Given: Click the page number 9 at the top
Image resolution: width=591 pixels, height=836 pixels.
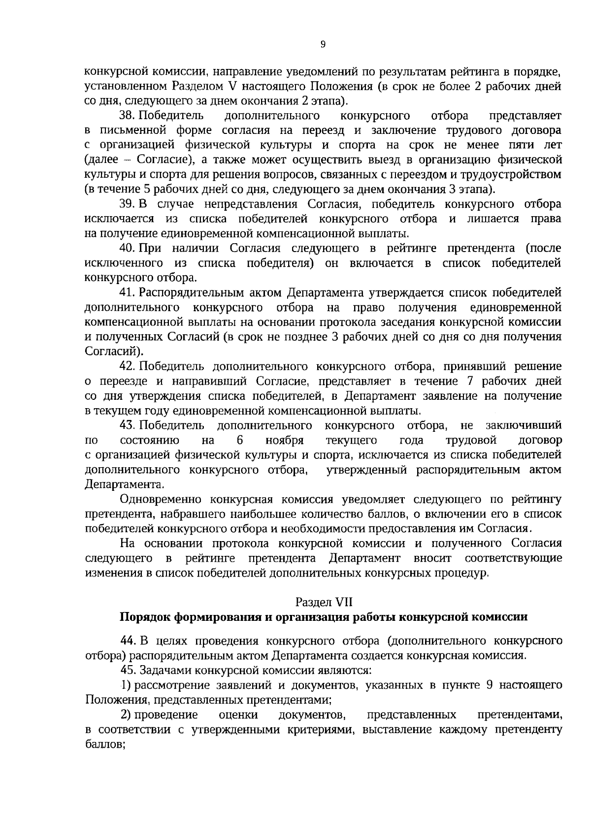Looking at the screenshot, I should [323, 45].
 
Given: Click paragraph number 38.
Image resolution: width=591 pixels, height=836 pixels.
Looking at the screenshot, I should [128, 116].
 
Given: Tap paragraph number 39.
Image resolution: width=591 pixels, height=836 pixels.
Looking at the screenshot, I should [128, 204].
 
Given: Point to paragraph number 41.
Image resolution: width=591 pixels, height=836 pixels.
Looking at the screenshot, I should [128, 293].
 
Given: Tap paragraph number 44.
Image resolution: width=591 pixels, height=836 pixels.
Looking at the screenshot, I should [128, 641].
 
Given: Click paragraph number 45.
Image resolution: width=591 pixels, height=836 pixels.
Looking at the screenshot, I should [128, 671].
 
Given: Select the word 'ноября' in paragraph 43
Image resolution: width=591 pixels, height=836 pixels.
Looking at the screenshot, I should [284, 440].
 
